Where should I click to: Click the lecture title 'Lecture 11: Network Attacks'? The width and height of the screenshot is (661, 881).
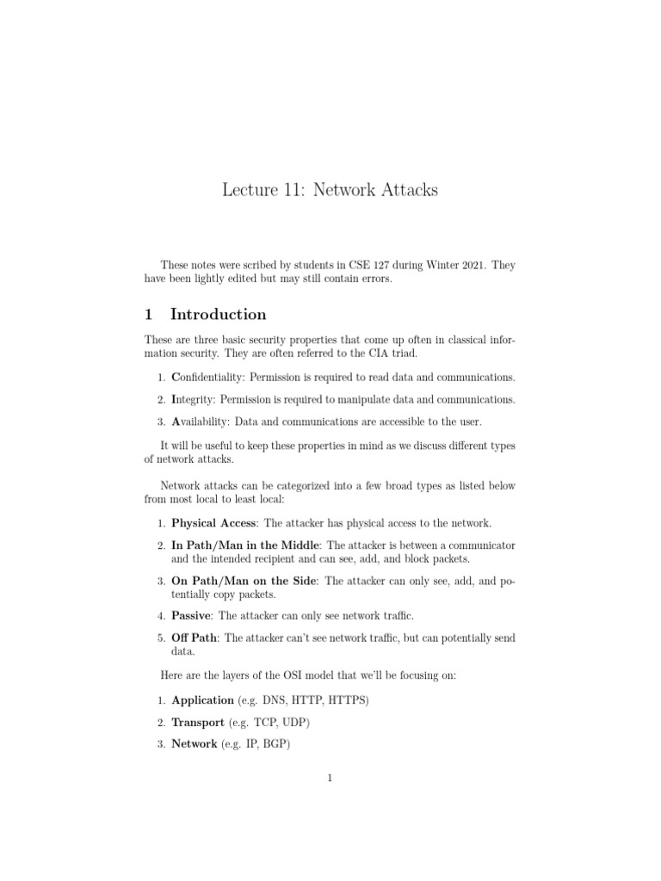click(330, 190)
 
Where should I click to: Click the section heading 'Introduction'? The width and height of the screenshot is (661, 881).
click(219, 314)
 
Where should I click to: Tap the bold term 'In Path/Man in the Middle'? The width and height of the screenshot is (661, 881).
click(245, 545)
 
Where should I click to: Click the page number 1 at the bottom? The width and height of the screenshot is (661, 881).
click(330, 779)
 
